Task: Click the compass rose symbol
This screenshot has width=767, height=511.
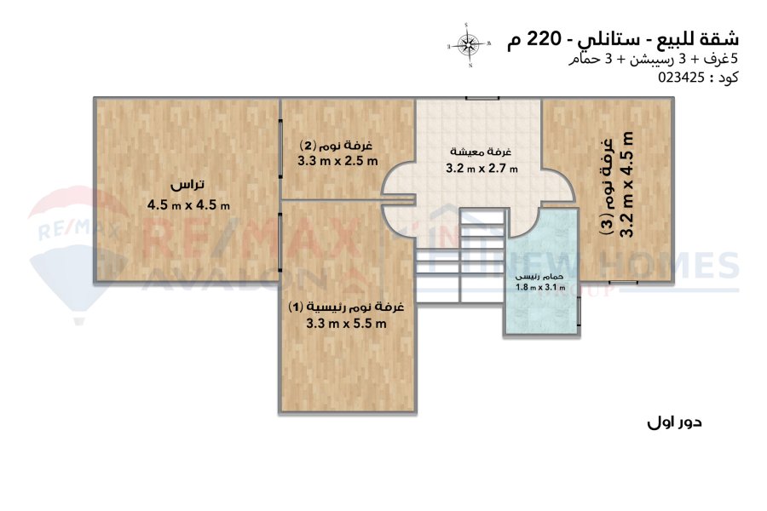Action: pos(469,45)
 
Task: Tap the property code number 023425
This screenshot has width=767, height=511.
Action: pos(682,78)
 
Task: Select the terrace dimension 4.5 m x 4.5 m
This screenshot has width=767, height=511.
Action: pos(188,204)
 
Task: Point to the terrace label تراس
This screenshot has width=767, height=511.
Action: pos(187,186)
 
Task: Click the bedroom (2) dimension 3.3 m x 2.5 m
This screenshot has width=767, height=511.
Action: pos(337,160)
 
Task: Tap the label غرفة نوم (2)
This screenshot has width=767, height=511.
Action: pos(336,146)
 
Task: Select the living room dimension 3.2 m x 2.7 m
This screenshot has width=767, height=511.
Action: pos(482,169)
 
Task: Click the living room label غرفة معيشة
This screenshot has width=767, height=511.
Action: pos(481,152)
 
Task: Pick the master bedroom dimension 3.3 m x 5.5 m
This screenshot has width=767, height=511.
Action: pos(346,323)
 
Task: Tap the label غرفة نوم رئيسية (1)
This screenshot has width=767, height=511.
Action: pos(346,307)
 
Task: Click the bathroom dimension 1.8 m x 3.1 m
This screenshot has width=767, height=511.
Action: pos(540,288)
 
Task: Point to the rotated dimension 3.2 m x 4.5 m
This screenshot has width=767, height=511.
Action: pos(626,184)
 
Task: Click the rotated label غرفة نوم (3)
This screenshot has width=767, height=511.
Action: pos(607,187)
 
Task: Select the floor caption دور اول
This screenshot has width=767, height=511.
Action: pos(674,422)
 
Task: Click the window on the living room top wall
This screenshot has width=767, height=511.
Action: pos(482,98)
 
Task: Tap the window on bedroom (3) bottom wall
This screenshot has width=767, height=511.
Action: pos(623,282)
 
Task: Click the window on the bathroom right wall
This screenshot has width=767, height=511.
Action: pos(580,312)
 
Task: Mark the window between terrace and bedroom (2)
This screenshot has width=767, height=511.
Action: pos(280,149)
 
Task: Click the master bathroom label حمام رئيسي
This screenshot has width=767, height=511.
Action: pos(540,277)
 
